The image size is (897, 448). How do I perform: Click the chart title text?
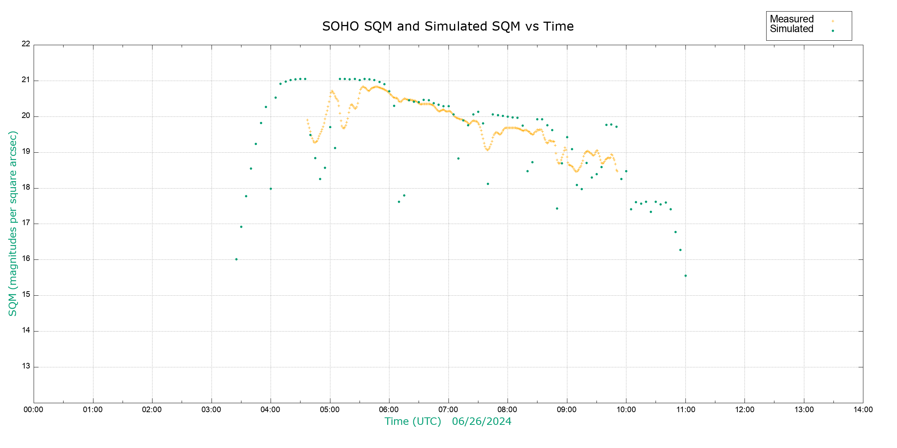pos(448,27)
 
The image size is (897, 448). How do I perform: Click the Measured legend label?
pos(792,19)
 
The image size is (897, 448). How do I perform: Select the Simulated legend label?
pos(792,29)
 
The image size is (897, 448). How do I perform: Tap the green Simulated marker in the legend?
pos(833,31)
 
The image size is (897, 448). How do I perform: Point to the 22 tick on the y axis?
pos(26,44)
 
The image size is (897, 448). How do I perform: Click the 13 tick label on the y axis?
pos(26,366)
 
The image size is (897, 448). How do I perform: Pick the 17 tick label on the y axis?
pos(26,223)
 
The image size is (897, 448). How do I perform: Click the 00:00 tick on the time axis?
pos(33,410)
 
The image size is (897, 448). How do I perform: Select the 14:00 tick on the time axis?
pos(863,410)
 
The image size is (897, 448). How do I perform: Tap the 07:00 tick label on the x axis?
pos(448,410)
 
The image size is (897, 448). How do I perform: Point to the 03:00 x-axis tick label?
pos(211,410)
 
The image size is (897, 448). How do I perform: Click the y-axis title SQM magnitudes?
pos(13,223)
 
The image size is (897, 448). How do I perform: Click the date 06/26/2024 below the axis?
pos(481,421)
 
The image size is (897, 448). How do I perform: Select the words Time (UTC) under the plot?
pos(413,421)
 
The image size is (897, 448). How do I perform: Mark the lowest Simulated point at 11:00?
pos(685,276)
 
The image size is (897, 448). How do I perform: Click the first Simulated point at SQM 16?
pos(236,259)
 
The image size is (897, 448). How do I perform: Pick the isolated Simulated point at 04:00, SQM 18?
pos(271,189)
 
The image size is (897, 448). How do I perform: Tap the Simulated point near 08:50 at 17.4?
pos(557,209)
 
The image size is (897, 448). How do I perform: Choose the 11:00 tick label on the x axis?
pos(685,410)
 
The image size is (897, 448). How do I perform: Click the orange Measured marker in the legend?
pos(833,21)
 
